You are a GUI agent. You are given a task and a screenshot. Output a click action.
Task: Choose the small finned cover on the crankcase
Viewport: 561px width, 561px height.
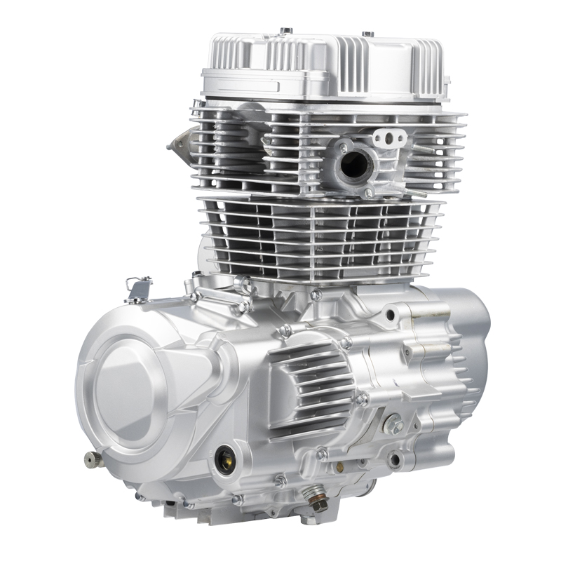pyautogui.click(x=309, y=393)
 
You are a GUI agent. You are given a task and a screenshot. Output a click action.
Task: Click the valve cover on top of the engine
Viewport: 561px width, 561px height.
pyautogui.click(x=323, y=67)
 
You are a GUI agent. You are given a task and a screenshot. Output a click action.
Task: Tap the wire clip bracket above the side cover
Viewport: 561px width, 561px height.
pyautogui.click(x=138, y=288)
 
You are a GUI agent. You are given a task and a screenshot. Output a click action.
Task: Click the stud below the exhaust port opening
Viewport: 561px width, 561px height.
pyautogui.click(x=367, y=192)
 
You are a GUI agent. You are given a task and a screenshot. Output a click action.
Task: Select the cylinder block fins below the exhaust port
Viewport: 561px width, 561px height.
pyautogui.click(x=323, y=235)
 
